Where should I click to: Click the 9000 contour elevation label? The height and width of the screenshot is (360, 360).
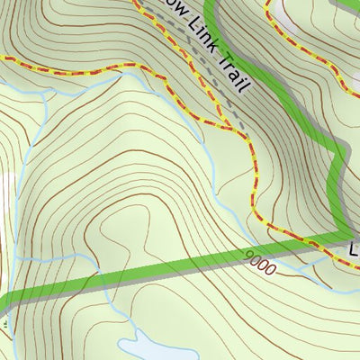pos(261,262)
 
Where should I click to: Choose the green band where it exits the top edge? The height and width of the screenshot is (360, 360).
pos(211,4)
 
